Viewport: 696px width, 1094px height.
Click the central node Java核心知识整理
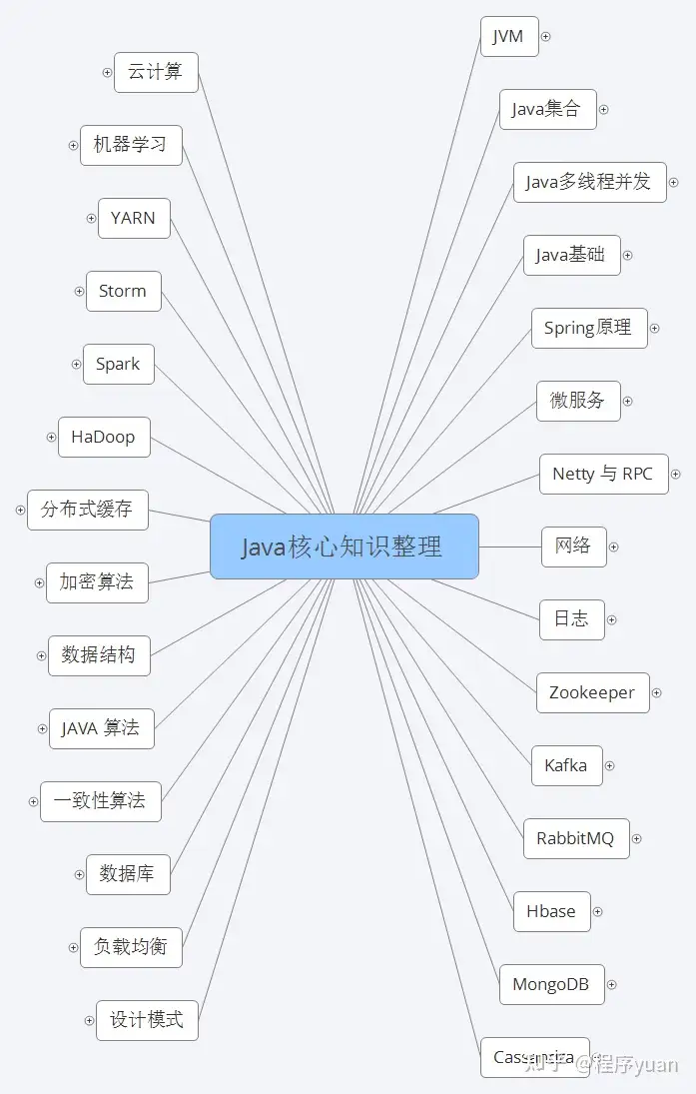344,547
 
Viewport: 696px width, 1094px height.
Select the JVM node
508,37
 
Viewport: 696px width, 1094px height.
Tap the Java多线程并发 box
589,182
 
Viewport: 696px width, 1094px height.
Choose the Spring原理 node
588,328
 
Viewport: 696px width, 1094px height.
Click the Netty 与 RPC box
602,474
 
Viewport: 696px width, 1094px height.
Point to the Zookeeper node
592,692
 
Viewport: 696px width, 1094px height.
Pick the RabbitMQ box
575,838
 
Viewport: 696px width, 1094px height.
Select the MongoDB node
550,984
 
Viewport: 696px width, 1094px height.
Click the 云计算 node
156,72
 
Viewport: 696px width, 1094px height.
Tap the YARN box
134,218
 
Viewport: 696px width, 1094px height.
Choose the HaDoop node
104,437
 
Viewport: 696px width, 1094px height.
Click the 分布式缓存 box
87,510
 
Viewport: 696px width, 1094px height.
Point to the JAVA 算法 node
101,728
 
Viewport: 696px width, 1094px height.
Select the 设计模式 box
147,1020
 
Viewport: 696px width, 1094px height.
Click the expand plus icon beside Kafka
609,766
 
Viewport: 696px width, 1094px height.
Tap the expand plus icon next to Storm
79,292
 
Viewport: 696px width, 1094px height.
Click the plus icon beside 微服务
628,402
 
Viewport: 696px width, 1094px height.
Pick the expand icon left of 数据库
79,875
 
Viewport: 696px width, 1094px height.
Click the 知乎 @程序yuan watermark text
600,1064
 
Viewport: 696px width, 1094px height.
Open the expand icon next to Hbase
598,912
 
